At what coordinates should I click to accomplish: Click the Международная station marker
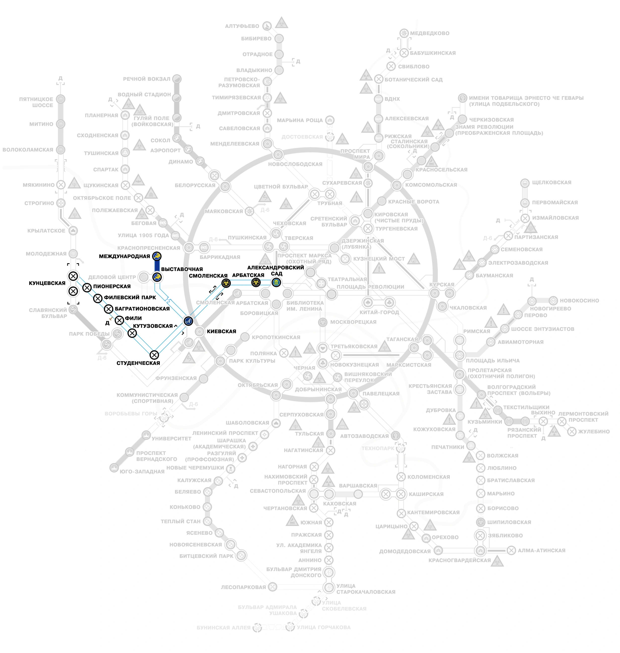pos(157,256)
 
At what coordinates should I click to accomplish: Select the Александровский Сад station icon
pos(276,282)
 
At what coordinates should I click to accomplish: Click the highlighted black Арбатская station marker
pos(256,282)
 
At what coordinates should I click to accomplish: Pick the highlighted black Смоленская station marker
pos(226,283)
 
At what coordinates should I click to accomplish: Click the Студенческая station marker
pos(154,355)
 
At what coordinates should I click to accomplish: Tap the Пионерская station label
pos(112,286)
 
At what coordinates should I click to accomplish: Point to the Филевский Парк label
pos(130,297)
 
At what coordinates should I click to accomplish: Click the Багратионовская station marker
pos(108,309)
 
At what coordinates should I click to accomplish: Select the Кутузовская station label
pos(153,326)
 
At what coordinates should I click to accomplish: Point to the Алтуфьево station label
pos(242,26)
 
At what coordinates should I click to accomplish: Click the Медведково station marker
pos(404,33)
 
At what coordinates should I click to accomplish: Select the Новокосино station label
pos(579,301)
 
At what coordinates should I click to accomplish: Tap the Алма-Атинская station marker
pos(511,550)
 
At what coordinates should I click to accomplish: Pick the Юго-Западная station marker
pos(114,468)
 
